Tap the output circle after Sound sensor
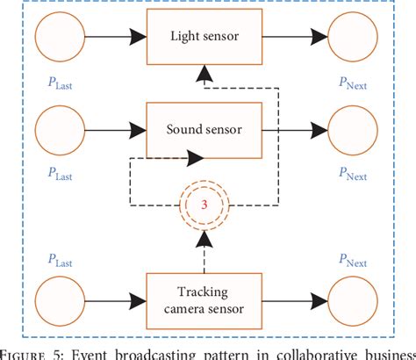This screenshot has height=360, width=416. tap(354, 131)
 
